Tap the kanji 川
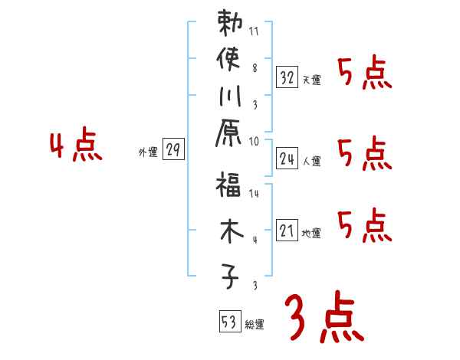tap(228, 97)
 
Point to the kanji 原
tap(228, 134)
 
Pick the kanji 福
tap(228, 188)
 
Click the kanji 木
tap(228, 232)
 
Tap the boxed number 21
tap(287, 231)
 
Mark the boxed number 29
tap(173, 150)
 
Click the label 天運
tap(311, 80)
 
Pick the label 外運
tap(148, 153)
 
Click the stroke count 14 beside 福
tap(254, 195)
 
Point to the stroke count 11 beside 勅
tap(254, 33)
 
